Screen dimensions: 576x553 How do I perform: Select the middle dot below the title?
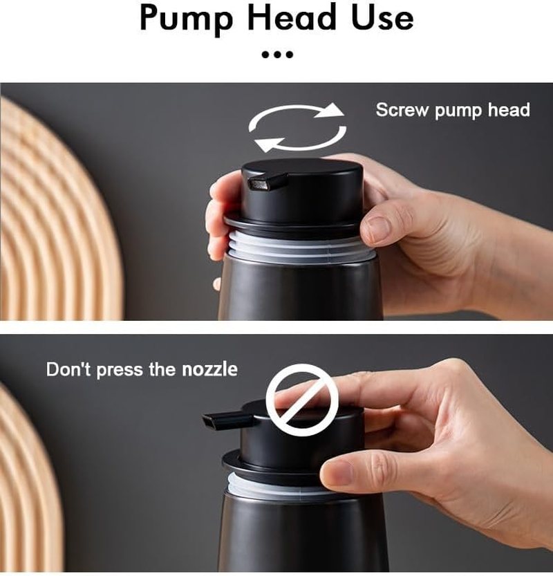click(278, 54)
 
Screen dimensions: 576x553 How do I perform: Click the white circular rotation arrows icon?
click(297, 127)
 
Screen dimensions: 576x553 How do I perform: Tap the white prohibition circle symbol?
click(302, 400)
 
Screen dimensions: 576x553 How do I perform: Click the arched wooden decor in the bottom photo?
click(28, 484)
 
